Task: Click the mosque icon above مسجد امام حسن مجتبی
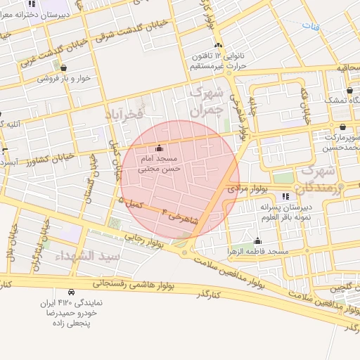158,148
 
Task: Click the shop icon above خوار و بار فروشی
64,68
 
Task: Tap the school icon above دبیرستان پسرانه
285,197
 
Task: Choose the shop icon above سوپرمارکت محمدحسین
342,127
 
